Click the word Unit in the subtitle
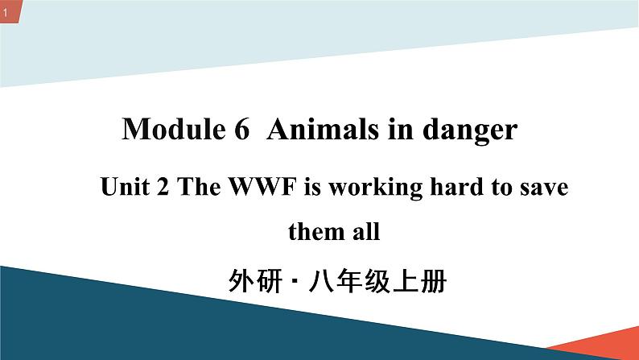coord(121,188)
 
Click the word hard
coord(453,188)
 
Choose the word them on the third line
coord(314,234)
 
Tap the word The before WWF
coord(193,188)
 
